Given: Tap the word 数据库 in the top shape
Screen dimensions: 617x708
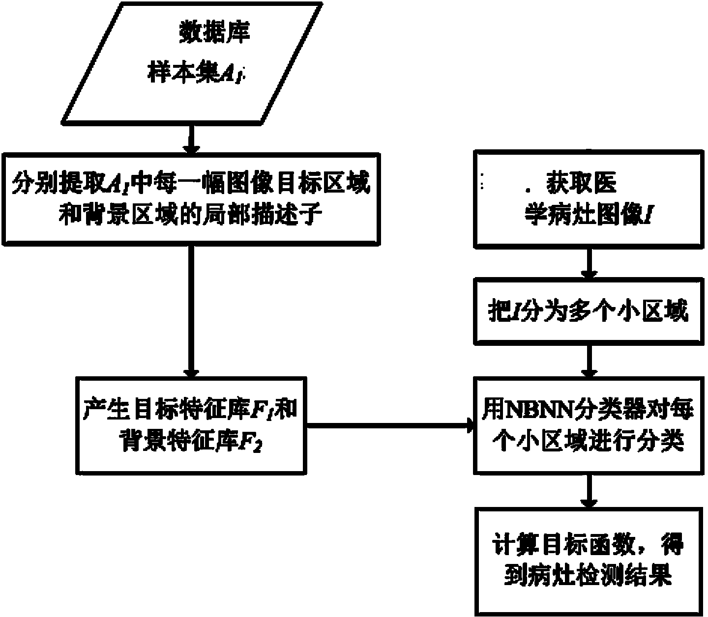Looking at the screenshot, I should tap(214, 33).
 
